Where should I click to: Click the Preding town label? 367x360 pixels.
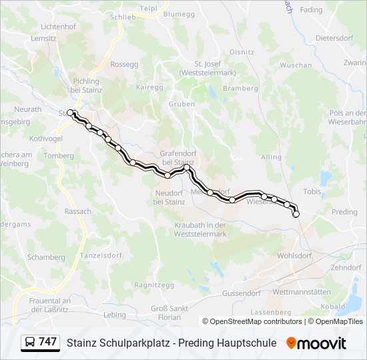[344, 212]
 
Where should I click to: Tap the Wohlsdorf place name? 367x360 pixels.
[294, 255]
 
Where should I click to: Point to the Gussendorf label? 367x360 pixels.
[242, 293]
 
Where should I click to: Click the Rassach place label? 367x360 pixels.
[78, 211]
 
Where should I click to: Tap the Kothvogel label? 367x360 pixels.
[46, 139]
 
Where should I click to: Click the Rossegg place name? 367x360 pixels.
[124, 65]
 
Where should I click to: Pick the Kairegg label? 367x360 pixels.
[149, 87]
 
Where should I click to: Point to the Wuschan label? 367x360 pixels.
[296, 65]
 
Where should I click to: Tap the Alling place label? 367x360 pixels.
[272, 157]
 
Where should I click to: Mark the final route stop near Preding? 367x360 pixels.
[296, 214]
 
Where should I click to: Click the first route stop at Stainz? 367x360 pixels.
[70, 113]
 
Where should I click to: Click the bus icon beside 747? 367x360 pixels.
[30, 342]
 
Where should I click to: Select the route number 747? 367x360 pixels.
[48, 342]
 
